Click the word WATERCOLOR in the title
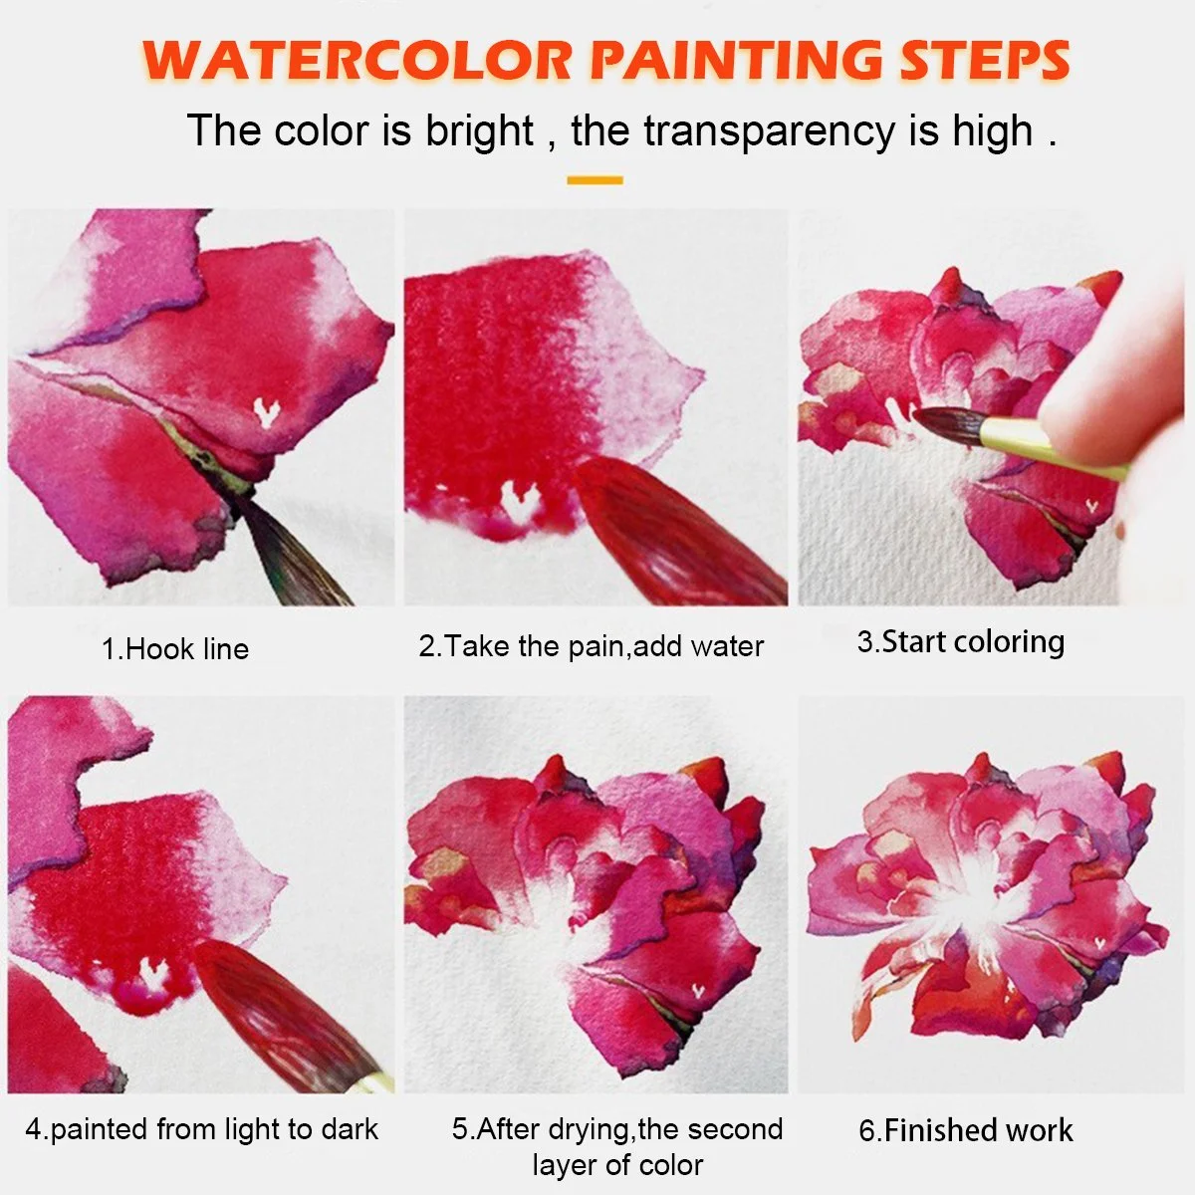pyautogui.click(x=356, y=60)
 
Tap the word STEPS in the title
pyautogui.click(x=986, y=60)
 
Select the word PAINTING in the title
pyautogui.click(x=736, y=60)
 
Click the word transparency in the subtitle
pyautogui.click(x=769, y=132)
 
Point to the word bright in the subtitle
pyautogui.click(x=479, y=130)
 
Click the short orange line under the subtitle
pyautogui.click(x=595, y=180)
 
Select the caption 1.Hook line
pyautogui.click(x=175, y=649)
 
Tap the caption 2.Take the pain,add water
pyautogui.click(x=591, y=646)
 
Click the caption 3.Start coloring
pyautogui.click(x=961, y=642)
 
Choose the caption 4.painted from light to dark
pyautogui.click(x=201, y=1129)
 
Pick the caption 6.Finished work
pyautogui.click(x=966, y=1130)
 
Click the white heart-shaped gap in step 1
pyautogui.click(x=267, y=412)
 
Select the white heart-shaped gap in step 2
pyautogui.click(x=519, y=499)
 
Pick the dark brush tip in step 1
pyautogui.click(x=292, y=552)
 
